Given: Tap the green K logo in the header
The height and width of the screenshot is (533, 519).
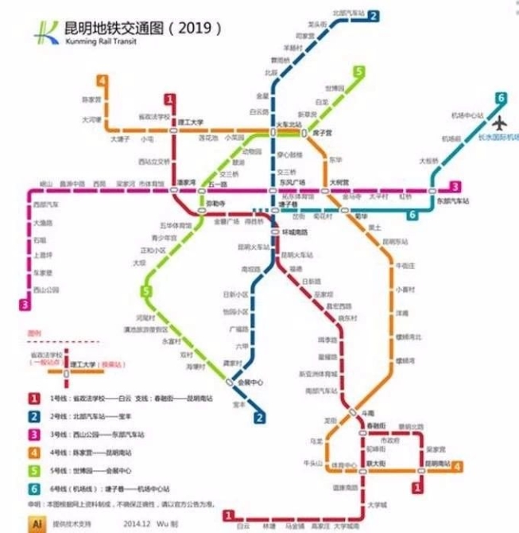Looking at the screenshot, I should (x=42, y=33).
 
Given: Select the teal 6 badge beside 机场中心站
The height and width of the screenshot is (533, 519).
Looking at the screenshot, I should (x=501, y=99).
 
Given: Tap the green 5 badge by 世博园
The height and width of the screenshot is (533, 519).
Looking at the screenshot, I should (x=359, y=72).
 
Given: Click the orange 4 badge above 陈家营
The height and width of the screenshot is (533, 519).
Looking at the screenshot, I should (x=103, y=80).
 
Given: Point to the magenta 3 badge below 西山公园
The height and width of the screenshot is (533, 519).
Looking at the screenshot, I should (x=26, y=303).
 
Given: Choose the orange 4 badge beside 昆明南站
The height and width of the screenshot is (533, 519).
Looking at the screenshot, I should (x=457, y=467).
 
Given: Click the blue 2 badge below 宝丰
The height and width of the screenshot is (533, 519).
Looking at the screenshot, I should (x=259, y=418).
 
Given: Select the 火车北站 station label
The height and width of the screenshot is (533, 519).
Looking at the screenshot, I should (x=289, y=123).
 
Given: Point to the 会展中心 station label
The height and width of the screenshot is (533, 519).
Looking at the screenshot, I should (x=251, y=383).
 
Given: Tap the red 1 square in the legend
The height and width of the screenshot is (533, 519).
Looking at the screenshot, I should (x=35, y=397).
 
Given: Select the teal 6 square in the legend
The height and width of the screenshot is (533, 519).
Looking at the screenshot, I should (x=35, y=488).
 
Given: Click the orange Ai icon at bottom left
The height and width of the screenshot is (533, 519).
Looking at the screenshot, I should (x=35, y=522).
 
